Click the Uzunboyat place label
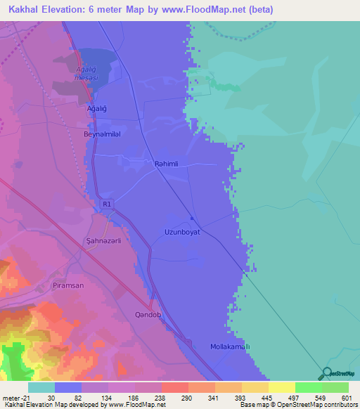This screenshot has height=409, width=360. (182, 231)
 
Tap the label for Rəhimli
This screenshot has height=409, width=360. (167, 164)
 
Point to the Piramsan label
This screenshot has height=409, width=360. (88, 285)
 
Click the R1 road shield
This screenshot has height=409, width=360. (106, 204)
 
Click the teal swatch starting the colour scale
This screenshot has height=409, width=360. (41, 387)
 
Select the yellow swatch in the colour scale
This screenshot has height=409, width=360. (281, 387)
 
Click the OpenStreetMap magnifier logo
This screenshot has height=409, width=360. (326, 373)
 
